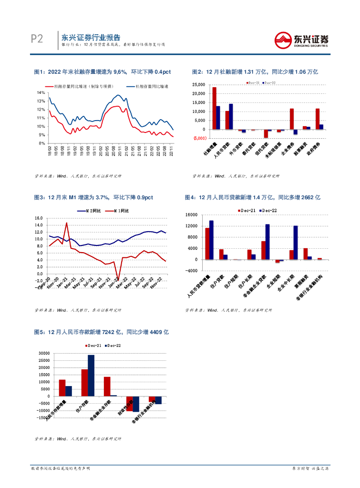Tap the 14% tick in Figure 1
click(41, 92)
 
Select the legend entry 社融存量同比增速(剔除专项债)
click(90, 86)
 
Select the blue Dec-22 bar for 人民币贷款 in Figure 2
click(231, 116)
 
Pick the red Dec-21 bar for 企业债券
click(291, 119)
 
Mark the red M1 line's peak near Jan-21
click(67, 223)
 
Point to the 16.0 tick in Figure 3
click(39, 219)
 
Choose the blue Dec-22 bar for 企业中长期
click(296, 243)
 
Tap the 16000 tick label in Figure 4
click(191, 215)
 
